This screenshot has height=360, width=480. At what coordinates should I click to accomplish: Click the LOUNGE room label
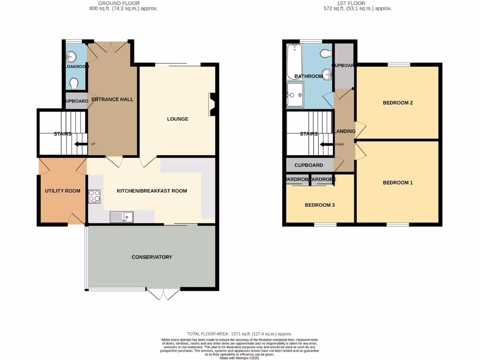[x=178, y=119]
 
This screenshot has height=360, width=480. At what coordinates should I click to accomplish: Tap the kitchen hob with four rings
[x=94, y=195]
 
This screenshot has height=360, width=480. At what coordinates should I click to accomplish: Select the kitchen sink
[x=122, y=217]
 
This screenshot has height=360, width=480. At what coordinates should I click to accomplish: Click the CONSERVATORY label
[x=152, y=257]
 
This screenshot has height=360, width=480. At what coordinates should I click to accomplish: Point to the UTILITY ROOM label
[x=62, y=191]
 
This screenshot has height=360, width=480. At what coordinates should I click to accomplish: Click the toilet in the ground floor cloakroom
[x=73, y=83]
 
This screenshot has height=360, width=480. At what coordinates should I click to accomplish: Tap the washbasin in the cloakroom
[x=71, y=57]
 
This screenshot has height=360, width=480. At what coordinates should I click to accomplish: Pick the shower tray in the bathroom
[x=295, y=96]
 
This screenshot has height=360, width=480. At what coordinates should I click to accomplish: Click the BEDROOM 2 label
[x=397, y=103]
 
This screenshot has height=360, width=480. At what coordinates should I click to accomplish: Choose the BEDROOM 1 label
[x=397, y=182]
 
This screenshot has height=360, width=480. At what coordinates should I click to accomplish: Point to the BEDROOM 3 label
[x=320, y=205]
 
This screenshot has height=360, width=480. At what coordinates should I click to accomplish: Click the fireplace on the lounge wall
[x=212, y=104]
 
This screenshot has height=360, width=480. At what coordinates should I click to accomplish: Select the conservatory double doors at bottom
[x=163, y=294]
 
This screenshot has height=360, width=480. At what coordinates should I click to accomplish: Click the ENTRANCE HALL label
[x=112, y=99]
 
